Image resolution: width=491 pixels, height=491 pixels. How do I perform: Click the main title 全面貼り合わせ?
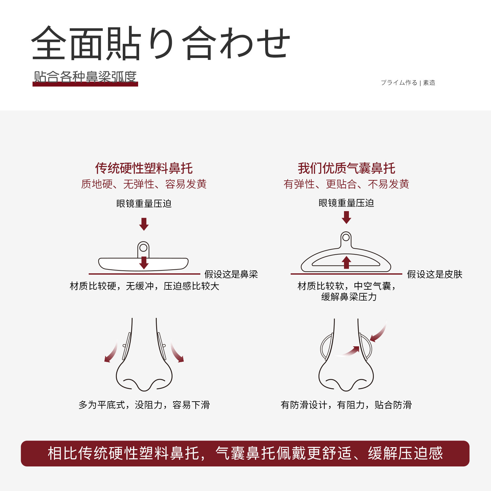click(x=160, y=43)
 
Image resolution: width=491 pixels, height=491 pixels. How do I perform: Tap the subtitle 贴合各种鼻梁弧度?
click(x=85, y=77)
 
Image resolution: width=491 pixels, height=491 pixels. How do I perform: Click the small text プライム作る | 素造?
click(x=408, y=83)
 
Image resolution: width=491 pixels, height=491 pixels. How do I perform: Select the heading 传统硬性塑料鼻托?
click(x=144, y=168)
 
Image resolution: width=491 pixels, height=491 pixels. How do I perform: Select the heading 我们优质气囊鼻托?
click(x=346, y=168)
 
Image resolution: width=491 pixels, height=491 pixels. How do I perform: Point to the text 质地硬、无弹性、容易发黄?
click(x=144, y=184)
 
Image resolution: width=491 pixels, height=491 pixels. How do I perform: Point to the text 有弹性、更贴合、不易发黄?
click(x=346, y=184)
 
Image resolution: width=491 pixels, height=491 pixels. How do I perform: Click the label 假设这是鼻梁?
click(x=231, y=274)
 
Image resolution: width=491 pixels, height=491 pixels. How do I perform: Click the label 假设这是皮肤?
click(x=435, y=274)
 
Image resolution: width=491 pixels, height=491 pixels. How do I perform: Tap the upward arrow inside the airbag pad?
click(x=346, y=262)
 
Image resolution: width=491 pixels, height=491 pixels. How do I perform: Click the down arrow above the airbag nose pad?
click(x=346, y=217)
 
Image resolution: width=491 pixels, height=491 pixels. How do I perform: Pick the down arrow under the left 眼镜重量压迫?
click(x=144, y=224)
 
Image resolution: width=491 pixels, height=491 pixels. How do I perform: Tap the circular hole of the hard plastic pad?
click(x=143, y=248)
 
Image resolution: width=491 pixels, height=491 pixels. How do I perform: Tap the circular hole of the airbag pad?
click(x=346, y=237)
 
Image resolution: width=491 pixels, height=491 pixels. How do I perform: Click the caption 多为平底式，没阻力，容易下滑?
click(x=144, y=405)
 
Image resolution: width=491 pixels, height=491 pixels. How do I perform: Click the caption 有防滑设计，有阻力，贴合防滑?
click(x=346, y=405)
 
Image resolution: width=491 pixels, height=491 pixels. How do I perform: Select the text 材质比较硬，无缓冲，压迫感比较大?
click(x=144, y=286)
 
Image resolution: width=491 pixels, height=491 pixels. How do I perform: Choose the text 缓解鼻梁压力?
click(x=349, y=297)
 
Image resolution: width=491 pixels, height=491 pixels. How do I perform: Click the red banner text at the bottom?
click(x=245, y=454)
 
